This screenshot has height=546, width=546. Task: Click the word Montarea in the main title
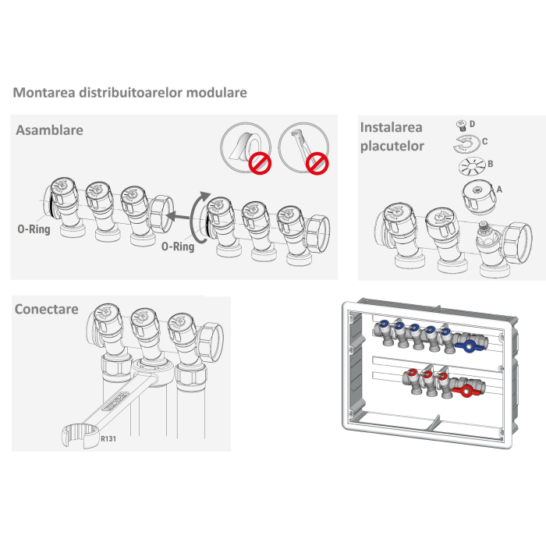(40, 93)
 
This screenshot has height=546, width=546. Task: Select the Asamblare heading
(49, 130)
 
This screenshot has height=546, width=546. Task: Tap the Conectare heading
(47, 309)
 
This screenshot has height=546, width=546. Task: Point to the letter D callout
(472, 123)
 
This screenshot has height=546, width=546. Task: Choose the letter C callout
(484, 141)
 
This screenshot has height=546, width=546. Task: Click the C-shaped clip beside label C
(465, 144)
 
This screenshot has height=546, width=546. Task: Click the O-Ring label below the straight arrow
(177, 246)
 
